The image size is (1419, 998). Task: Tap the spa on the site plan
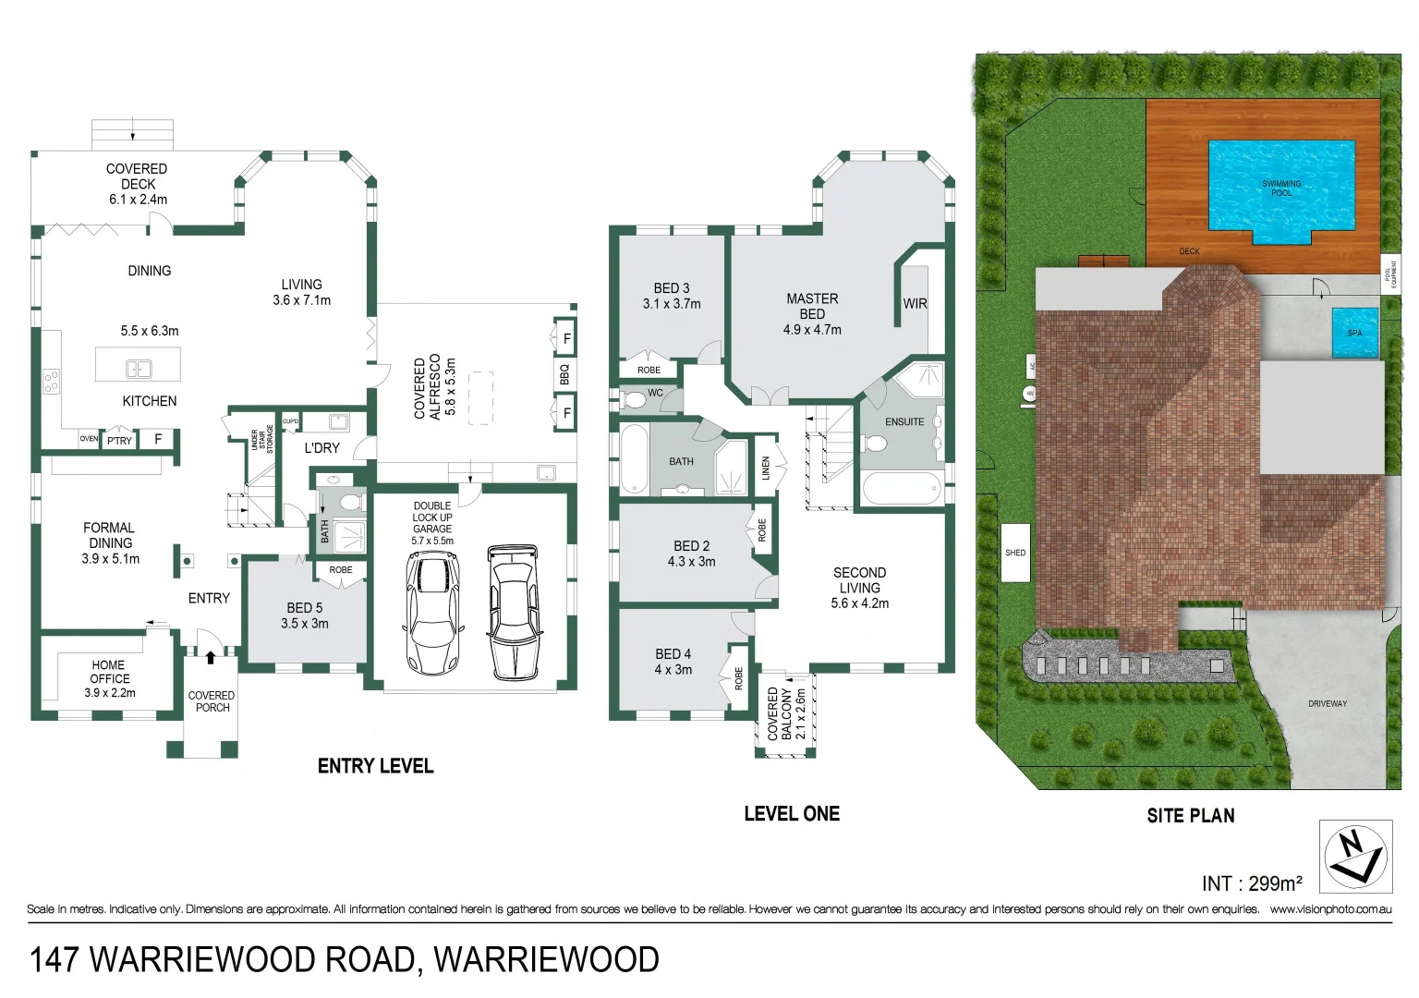1353,333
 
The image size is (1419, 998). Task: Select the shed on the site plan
1015,553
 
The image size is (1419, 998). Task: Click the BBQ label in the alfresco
564,374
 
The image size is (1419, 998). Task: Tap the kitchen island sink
139,369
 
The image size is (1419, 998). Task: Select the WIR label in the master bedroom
915,304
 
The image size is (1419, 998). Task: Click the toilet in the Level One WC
634,400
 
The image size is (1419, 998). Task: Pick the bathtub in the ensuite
900,489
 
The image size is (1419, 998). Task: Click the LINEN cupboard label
766,469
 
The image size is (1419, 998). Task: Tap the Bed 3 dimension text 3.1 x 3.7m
672,304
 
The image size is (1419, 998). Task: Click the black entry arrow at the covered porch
212,658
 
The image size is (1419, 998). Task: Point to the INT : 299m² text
1252,883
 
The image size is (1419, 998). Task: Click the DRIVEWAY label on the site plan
1328,704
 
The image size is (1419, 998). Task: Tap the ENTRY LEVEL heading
375,766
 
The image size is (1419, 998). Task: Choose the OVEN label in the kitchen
89,439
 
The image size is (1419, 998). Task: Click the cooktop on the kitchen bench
52,381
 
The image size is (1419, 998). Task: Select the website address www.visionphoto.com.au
1330,909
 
